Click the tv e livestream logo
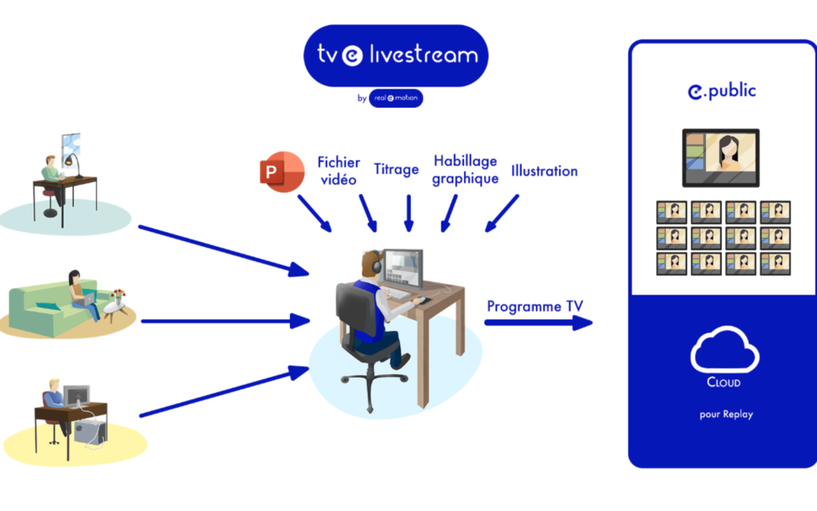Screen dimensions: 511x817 pos(396,55)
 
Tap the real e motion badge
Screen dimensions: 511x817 pos(396,98)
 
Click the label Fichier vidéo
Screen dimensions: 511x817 pos(337,170)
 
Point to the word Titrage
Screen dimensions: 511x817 pos(396,169)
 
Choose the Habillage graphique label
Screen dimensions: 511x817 pos(465,170)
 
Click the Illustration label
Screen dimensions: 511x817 pos(544,171)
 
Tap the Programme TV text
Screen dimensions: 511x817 pos(535,307)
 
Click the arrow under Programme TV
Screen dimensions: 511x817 pos(538,323)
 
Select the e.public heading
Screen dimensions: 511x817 pos(722,91)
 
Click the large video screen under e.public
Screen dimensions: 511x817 pos(721,157)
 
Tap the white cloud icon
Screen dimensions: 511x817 pos(724,349)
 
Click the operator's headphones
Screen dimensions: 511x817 pos(370,263)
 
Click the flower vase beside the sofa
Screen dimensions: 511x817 pos(117,297)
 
